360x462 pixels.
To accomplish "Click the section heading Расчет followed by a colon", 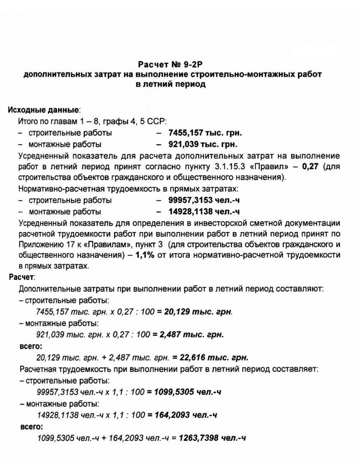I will tap(21, 277).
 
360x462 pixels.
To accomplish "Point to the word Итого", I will tap(28, 121).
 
